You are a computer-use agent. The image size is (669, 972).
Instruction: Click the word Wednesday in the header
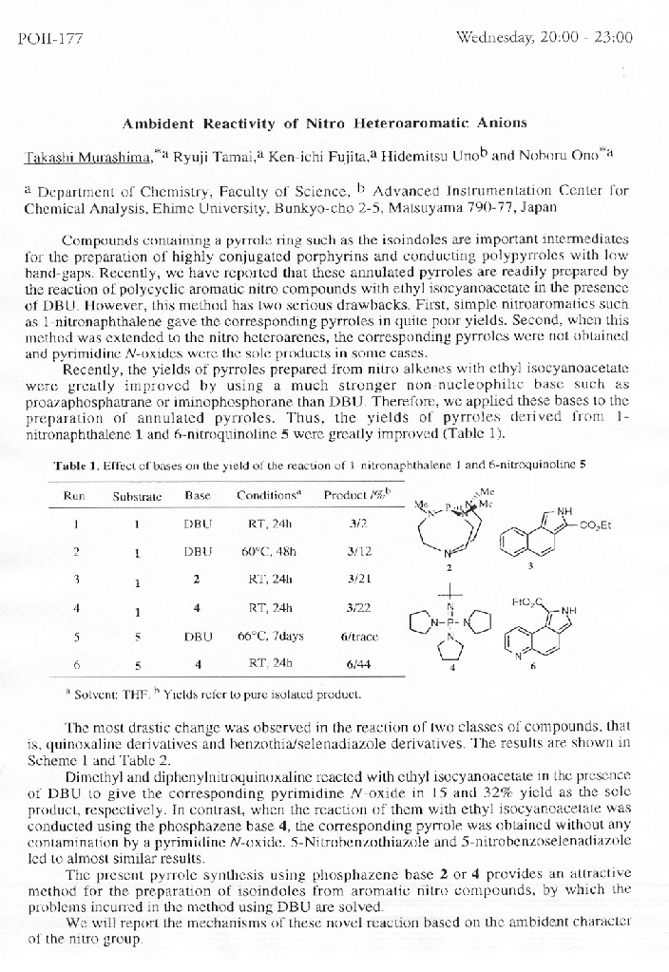pyautogui.click(x=494, y=38)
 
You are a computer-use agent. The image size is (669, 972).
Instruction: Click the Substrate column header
pyautogui.click(x=138, y=496)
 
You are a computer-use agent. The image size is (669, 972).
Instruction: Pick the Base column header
pyautogui.click(x=198, y=496)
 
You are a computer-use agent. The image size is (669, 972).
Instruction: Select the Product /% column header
pyautogui.click(x=357, y=495)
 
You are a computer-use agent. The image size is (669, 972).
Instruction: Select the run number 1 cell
pyautogui.click(x=75, y=524)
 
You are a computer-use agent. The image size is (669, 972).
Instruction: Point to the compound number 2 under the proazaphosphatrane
pyautogui.click(x=448, y=566)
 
